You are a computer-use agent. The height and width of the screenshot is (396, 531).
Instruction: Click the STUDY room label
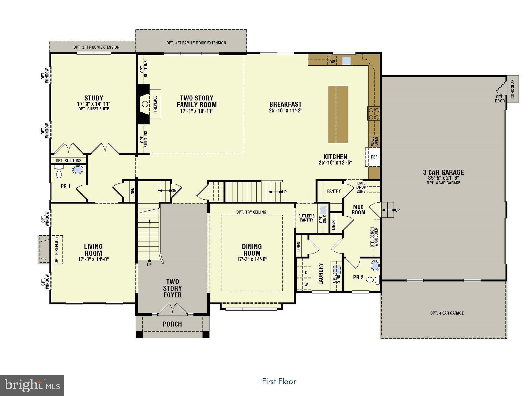(x=94, y=98)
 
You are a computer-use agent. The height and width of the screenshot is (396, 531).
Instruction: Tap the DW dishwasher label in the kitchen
(x=332, y=62)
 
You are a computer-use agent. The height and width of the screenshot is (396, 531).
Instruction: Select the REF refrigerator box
(x=374, y=157)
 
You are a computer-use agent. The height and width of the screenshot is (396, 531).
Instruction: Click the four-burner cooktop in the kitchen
(x=373, y=114)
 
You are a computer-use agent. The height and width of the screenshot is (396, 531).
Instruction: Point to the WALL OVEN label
(x=374, y=141)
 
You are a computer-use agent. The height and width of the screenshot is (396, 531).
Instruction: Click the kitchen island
(x=338, y=114)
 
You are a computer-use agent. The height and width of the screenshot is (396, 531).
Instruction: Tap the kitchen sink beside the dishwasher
(x=346, y=61)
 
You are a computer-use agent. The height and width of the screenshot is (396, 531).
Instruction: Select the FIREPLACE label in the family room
(x=155, y=104)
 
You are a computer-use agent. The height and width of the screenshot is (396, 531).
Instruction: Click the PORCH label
(x=172, y=324)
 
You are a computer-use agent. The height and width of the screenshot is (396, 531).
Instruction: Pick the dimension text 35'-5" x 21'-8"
(x=443, y=178)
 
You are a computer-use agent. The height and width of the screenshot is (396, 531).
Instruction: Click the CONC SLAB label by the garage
(x=513, y=89)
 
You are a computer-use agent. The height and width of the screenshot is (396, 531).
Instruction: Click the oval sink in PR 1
(x=78, y=170)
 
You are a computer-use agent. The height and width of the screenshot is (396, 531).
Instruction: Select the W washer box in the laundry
(x=306, y=284)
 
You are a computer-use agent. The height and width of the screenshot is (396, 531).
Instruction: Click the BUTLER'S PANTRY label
(x=306, y=218)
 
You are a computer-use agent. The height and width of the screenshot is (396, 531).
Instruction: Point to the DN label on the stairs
(x=174, y=190)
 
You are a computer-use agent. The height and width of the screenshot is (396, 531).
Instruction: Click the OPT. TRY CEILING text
(x=251, y=212)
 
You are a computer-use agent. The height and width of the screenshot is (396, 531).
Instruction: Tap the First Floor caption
(x=279, y=381)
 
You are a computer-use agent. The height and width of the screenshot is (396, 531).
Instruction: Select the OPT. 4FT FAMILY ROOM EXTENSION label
(x=196, y=43)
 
